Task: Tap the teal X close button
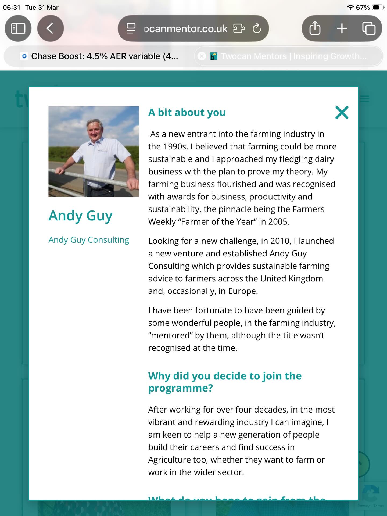[x=342, y=112]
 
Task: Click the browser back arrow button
[x=50, y=28]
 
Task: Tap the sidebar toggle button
[x=18, y=28]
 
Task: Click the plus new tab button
[x=342, y=28]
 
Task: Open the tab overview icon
[x=369, y=28]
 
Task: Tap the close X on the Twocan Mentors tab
[x=202, y=56]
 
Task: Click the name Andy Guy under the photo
[x=80, y=216]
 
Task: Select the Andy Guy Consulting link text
[x=89, y=240]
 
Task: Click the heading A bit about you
[x=187, y=112]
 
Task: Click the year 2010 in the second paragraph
[x=280, y=241]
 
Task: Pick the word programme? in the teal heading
[x=180, y=388]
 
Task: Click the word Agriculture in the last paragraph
[x=177, y=460]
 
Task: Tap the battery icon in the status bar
[x=377, y=8]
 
